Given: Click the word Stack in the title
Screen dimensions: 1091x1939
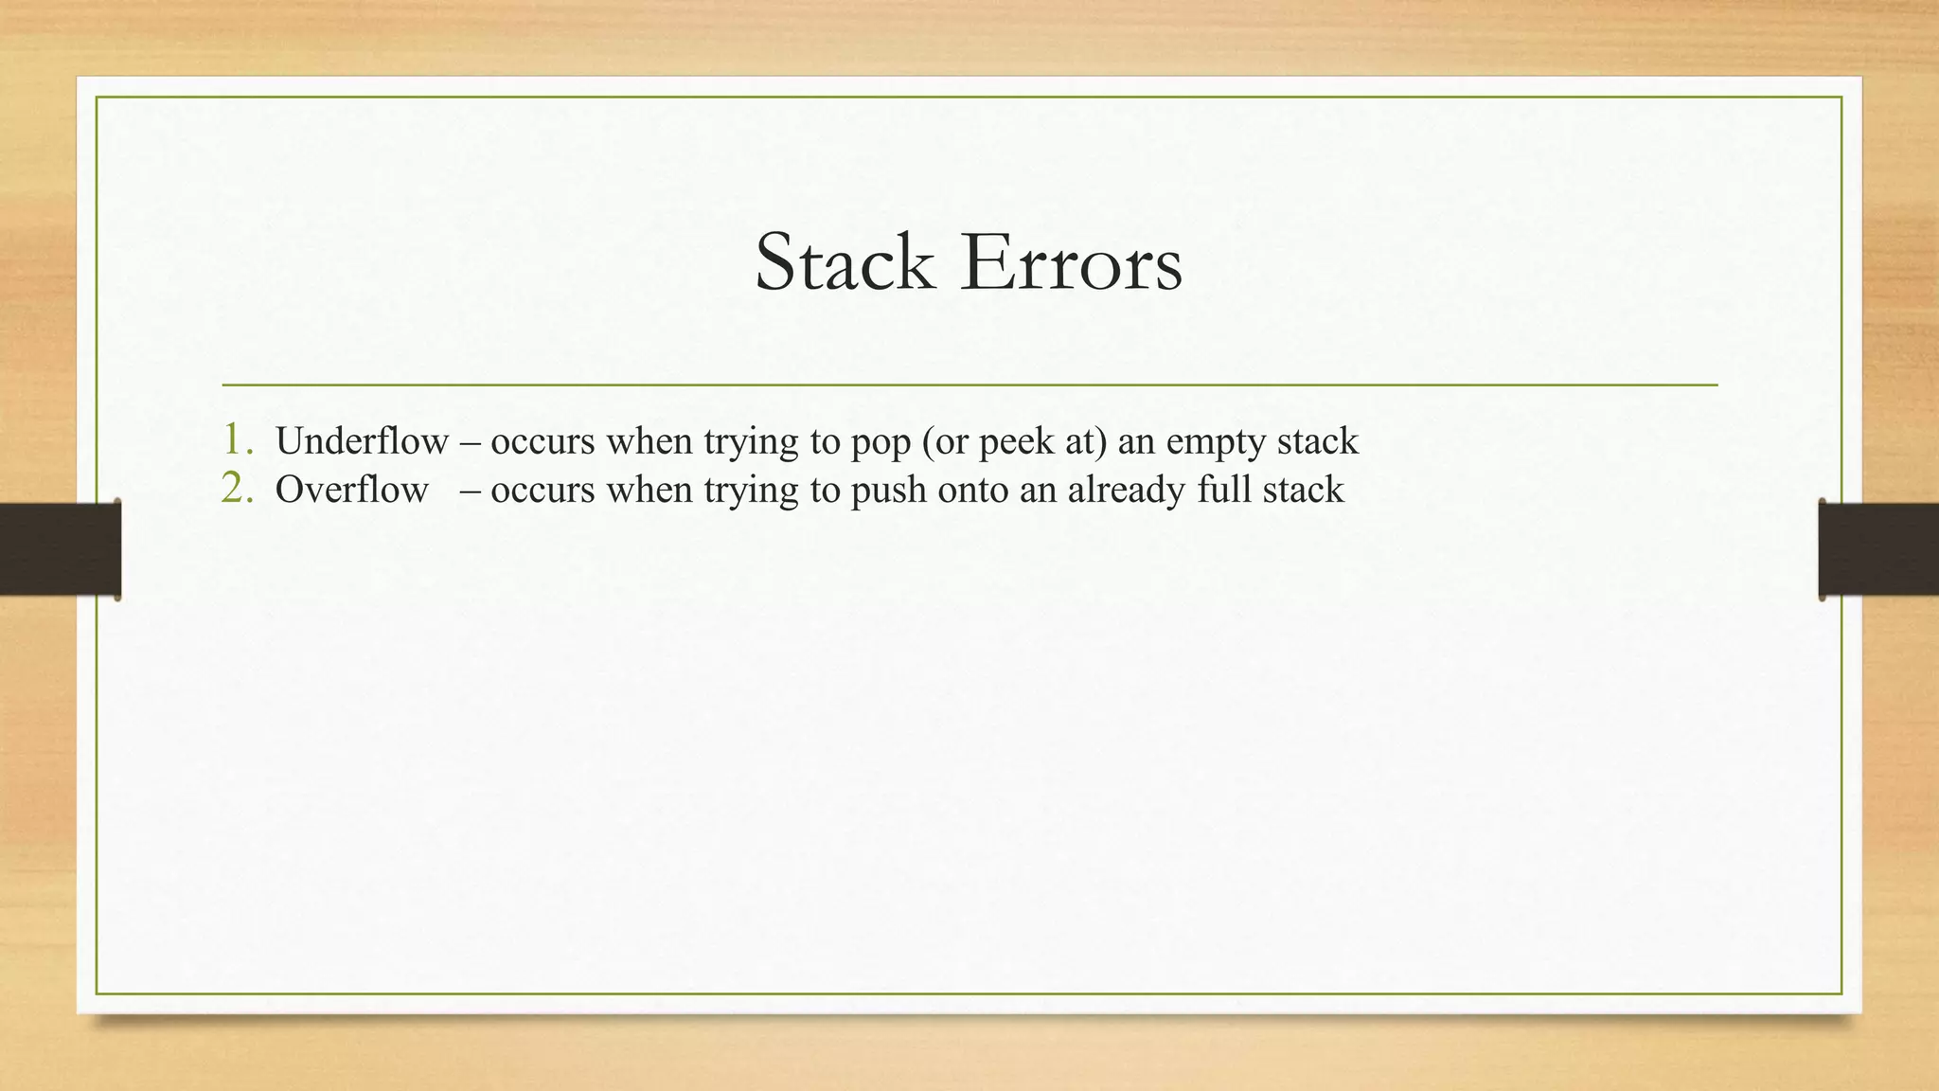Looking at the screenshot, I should click(x=844, y=263).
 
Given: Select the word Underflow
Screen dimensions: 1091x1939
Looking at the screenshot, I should click(x=362, y=441).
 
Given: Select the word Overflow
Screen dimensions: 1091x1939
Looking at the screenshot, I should click(x=351, y=490).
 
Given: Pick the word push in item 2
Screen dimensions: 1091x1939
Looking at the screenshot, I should click(x=888, y=491).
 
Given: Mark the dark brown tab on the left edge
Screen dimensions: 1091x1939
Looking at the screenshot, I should click(x=60, y=549).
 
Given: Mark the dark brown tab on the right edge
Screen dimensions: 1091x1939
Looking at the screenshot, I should click(x=1878, y=549).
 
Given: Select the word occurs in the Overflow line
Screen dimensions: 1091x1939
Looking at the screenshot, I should click(x=543, y=490).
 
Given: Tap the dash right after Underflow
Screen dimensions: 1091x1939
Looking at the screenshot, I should click(x=470, y=441).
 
